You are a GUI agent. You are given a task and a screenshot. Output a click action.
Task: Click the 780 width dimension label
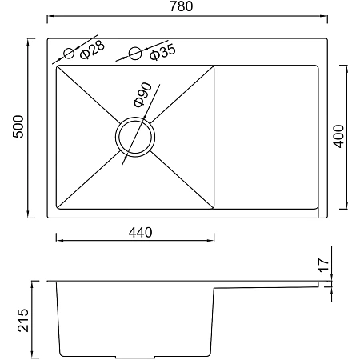pos(181,6)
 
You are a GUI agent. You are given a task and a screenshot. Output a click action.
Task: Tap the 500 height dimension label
pos(18,126)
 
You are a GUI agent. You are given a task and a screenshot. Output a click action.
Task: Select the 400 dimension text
pos(339,136)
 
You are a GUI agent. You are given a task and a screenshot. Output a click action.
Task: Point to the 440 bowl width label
pos(141,233)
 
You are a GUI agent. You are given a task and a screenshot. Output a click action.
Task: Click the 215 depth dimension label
pos(23,320)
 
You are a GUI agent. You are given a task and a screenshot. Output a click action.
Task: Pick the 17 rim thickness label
pos(323,265)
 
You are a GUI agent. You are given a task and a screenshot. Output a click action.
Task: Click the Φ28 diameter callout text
pos(92,50)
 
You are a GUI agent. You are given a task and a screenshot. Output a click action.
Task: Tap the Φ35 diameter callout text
pos(162,52)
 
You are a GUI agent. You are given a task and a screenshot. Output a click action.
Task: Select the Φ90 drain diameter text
pos(142,95)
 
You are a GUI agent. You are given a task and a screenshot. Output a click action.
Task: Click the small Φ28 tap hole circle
pos(69,54)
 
